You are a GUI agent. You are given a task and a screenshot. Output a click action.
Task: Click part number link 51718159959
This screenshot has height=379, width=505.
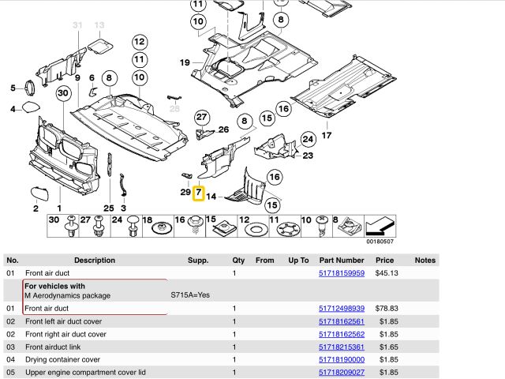[341, 273]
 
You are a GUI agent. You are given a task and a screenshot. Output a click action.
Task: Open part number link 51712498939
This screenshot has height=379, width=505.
[341, 309]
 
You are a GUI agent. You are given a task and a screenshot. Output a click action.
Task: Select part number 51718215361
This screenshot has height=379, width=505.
[341, 347]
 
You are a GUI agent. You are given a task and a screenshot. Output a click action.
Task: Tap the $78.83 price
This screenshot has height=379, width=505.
[384, 309]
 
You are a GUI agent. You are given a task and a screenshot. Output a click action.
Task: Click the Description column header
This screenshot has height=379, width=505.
[94, 260]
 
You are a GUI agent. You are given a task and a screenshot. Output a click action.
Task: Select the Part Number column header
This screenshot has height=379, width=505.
[341, 260]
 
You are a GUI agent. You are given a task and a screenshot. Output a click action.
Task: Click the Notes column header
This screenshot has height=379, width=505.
[425, 260]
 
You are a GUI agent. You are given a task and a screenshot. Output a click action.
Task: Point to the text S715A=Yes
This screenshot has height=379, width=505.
[191, 295]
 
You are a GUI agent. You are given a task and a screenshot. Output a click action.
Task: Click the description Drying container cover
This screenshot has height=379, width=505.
[62, 359]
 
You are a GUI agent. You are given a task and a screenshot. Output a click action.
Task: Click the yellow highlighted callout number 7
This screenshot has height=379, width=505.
[198, 192]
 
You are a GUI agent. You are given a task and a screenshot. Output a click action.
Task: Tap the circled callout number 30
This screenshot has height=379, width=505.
[64, 93]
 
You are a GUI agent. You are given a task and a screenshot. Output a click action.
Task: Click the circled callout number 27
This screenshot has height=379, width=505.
[201, 117]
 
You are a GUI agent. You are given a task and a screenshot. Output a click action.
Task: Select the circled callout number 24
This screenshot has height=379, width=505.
[306, 138]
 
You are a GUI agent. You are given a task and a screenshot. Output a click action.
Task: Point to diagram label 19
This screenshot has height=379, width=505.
[184, 62]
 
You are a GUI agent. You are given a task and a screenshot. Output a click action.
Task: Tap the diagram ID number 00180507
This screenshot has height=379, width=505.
[380, 242]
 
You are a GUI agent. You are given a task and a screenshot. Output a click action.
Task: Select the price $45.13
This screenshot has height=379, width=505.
[384, 273]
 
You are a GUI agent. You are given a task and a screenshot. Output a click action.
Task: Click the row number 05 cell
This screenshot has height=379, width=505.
[11, 372]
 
